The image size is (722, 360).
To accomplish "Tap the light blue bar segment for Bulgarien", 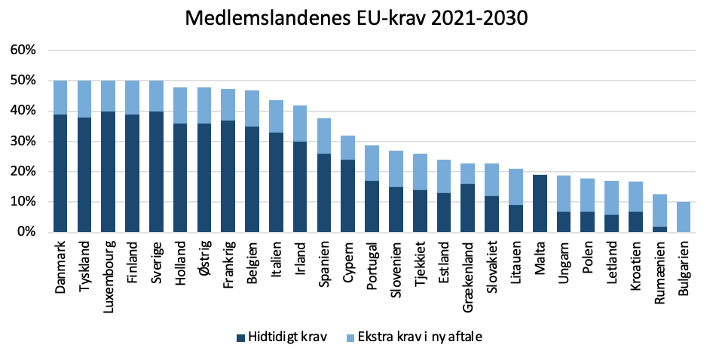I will pos(684,217).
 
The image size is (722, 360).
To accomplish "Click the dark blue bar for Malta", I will pos(539,203).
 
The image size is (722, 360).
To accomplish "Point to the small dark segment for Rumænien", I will pos(659,229).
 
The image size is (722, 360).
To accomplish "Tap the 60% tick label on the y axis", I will pos(23,50).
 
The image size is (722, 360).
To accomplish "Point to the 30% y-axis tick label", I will pos(23,142).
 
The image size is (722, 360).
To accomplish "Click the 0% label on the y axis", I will pos(26,233).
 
